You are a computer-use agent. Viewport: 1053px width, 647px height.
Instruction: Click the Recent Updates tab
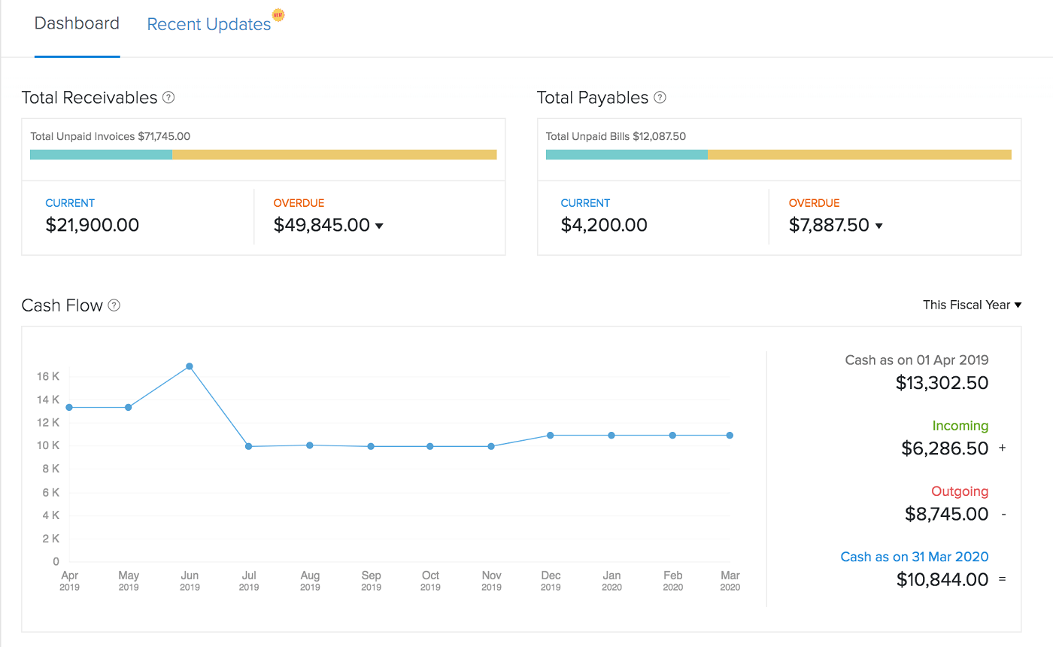[208, 24]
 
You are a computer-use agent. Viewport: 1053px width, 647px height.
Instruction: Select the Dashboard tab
[77, 23]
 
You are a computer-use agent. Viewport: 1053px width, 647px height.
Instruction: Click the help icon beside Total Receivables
[168, 98]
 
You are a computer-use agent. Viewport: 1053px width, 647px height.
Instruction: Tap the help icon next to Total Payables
[660, 98]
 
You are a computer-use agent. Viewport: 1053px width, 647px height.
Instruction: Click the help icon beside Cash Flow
[114, 305]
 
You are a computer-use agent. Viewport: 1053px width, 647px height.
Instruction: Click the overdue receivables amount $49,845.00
[322, 225]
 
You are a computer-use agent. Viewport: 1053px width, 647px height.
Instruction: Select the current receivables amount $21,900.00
[92, 225]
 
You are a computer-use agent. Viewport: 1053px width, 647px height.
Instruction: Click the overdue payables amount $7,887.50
[829, 225]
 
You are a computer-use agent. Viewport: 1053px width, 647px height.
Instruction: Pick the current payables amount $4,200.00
[604, 225]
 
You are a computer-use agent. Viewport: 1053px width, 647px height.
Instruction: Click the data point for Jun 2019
[190, 366]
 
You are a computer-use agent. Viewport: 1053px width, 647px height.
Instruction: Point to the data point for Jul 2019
[249, 446]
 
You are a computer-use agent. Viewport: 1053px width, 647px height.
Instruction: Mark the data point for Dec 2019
[551, 435]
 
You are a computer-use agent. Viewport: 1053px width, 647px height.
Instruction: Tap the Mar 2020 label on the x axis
[730, 580]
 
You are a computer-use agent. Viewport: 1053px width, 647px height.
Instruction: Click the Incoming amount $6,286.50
[945, 448]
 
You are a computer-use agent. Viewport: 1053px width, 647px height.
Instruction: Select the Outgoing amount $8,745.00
[946, 514]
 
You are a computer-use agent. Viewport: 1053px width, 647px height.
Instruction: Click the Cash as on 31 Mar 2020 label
[914, 557]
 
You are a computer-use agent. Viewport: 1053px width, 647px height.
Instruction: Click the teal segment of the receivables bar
[101, 154]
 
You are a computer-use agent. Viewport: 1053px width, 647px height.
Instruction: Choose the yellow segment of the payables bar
[859, 154]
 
